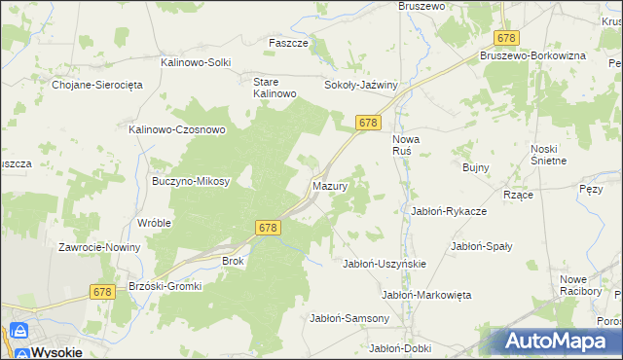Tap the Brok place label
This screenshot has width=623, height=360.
click(x=233, y=261)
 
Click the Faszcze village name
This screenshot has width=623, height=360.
click(x=288, y=44)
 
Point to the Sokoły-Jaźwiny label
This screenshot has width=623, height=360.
click(x=361, y=85)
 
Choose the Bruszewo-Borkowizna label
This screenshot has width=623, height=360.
click(x=531, y=56)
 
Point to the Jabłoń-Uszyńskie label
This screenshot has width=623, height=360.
click(x=385, y=264)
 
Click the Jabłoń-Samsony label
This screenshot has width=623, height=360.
click(x=349, y=318)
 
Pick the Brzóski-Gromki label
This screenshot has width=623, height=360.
click(x=163, y=286)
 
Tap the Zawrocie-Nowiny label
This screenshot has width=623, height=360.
click(x=99, y=247)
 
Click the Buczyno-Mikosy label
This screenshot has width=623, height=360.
click(x=191, y=181)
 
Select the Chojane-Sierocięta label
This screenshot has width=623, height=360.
click(x=97, y=85)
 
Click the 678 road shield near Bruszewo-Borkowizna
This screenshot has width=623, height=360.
click(x=506, y=38)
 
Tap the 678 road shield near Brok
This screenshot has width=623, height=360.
click(x=270, y=227)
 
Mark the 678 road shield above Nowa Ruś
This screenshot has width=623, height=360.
click(x=367, y=123)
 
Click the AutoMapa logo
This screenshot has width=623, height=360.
click(x=558, y=341)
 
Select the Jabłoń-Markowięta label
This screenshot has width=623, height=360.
click(x=426, y=294)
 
